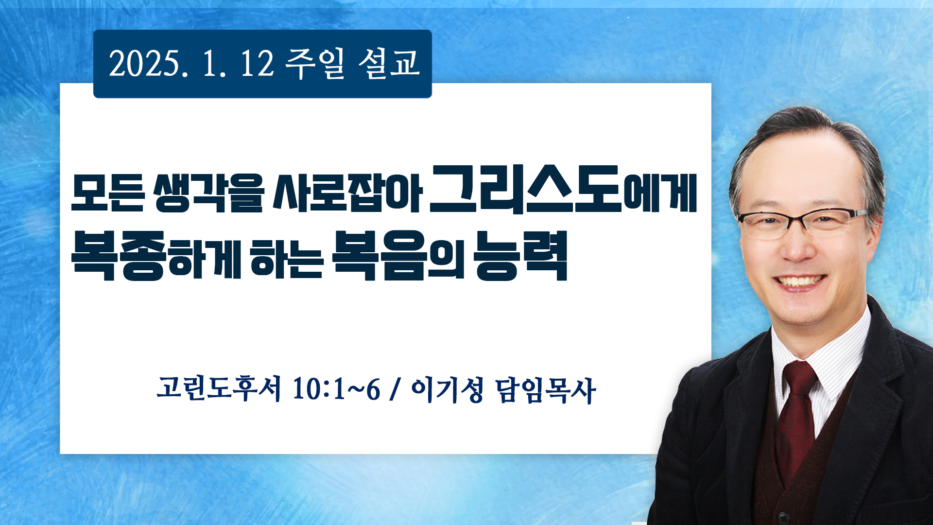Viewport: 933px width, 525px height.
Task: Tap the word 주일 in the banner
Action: pyautogui.click(x=315, y=64)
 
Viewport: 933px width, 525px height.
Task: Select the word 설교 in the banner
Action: pyautogui.click(x=389, y=64)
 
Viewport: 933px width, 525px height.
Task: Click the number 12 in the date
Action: pyautogui.click(x=258, y=64)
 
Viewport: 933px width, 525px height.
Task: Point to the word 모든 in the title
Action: pyautogui.click(x=108, y=193)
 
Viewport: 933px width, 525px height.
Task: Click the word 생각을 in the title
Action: pyautogui.click(x=208, y=193)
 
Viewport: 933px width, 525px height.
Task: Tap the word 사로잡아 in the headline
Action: pyautogui.click(x=347, y=193)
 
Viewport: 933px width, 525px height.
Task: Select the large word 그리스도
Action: pyautogui.click(x=526, y=190)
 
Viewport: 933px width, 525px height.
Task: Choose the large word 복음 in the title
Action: pyautogui.click(x=380, y=256)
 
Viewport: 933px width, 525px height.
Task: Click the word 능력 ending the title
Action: pyautogui.click(x=521, y=256)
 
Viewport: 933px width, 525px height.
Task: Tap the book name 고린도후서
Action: pyautogui.click(x=219, y=389)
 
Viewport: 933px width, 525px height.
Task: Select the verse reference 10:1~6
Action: pyautogui.click(x=336, y=389)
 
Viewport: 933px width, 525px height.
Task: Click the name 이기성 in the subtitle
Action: pyautogui.click(x=447, y=389)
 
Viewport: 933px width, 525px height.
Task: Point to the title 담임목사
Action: pyautogui.click(x=545, y=389)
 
